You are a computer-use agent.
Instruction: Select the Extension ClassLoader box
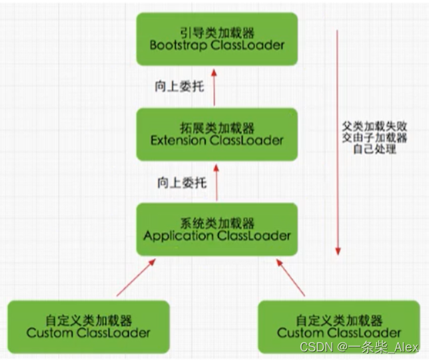click(216, 134)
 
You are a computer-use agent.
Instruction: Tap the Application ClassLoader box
click(216, 229)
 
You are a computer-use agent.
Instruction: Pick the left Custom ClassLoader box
click(89, 325)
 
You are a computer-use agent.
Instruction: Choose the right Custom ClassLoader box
click(339, 325)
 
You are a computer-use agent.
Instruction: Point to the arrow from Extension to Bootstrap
click(214, 86)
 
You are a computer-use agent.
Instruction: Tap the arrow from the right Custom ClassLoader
click(290, 277)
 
